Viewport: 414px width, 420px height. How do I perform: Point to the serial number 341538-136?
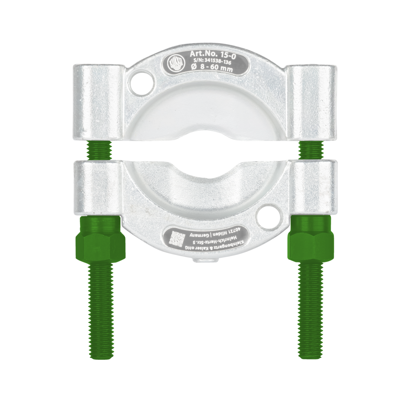[214, 62]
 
